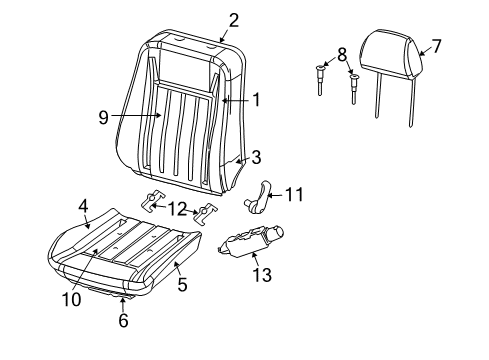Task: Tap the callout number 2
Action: [x=233, y=18]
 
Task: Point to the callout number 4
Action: [x=84, y=206]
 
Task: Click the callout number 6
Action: [x=123, y=322]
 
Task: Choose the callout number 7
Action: [x=436, y=44]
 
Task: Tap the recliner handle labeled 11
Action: [x=262, y=191]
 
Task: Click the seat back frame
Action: [x=190, y=120]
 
